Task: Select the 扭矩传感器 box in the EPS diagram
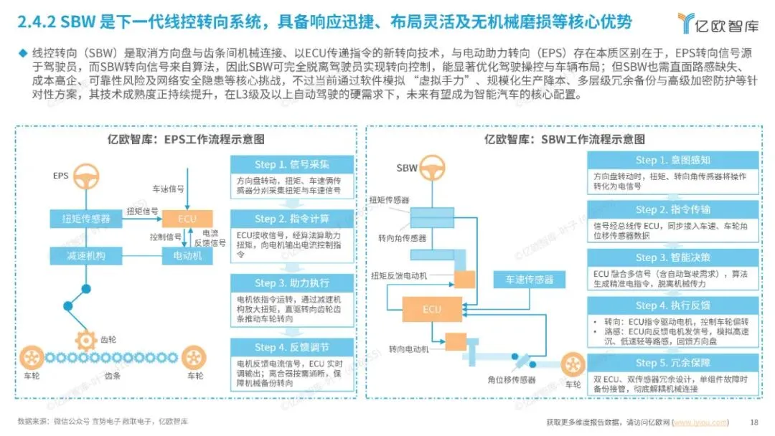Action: pos(85,218)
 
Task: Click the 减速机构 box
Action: pos(85,254)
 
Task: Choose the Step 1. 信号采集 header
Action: pos(293,165)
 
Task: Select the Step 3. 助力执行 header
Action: pos(293,283)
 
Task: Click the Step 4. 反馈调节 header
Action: pos(293,347)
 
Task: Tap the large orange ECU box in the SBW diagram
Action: pos(431,309)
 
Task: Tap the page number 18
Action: pos(753,422)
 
